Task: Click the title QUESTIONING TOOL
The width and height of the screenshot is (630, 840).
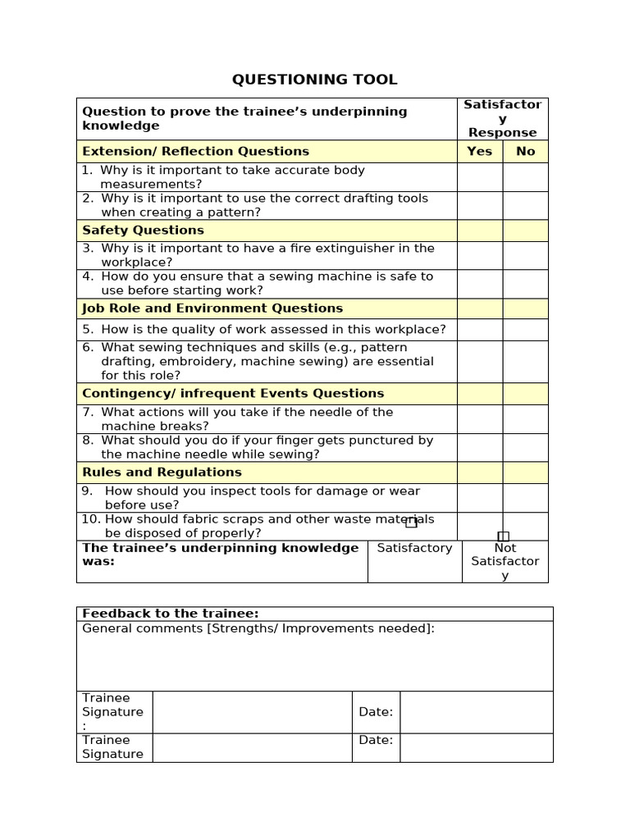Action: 314,80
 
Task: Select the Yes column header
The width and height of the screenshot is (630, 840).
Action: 479,151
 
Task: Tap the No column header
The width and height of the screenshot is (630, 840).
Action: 525,151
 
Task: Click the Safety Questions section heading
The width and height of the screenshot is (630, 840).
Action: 144,231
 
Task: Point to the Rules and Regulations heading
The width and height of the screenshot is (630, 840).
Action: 162,472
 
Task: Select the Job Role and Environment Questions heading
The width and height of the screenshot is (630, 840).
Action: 212,308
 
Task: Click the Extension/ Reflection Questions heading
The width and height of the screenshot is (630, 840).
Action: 195,151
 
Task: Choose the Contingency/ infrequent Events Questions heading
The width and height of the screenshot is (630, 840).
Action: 233,394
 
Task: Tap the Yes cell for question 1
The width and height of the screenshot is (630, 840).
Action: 479,177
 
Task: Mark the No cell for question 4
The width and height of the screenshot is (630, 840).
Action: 525,284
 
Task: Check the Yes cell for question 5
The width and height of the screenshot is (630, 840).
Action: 479,330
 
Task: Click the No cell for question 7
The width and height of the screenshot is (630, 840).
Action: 525,419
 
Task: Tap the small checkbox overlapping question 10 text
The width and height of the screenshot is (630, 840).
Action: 411,523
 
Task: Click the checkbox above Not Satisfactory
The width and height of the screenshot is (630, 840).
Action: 504,536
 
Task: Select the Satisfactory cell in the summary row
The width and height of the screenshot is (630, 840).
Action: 414,548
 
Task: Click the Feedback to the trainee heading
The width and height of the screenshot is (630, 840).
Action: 171,614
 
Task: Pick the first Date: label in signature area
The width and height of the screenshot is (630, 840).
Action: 376,712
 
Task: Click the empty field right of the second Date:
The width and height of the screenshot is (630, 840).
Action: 476,747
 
